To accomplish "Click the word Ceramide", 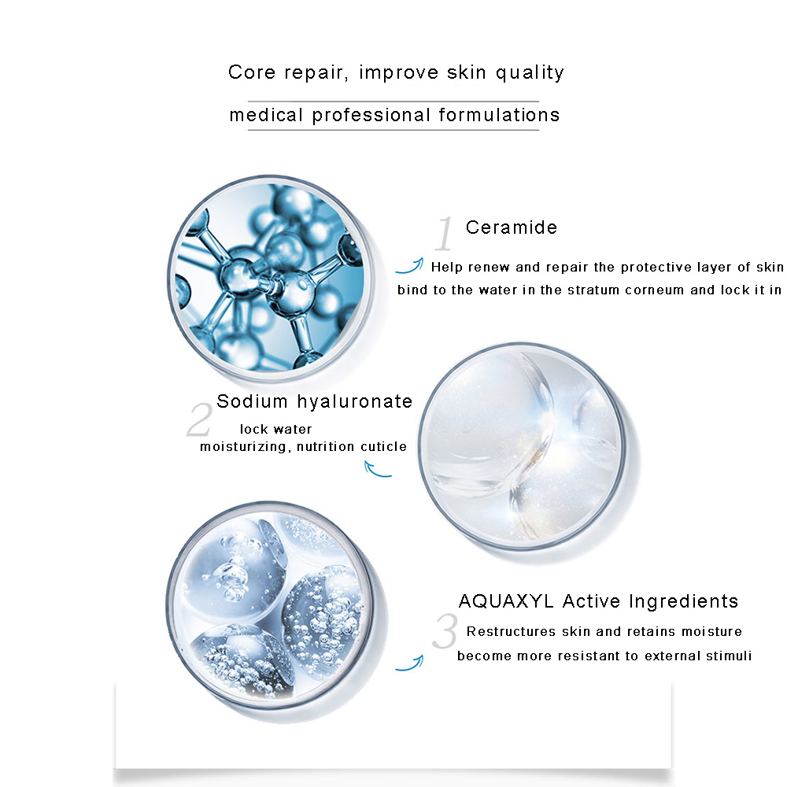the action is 512,227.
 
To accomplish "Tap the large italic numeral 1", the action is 444,234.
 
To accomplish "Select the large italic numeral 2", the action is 200,419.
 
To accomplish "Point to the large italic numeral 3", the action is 445,631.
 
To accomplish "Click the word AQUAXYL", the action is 506,600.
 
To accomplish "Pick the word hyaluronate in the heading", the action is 355,401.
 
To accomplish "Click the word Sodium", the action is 252,401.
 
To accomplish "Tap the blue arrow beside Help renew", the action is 409,266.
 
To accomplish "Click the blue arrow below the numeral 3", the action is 409,663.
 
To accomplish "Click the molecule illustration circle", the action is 271,278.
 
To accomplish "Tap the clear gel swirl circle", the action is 522,445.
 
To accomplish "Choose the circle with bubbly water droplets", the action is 270,604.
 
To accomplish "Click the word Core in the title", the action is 252,72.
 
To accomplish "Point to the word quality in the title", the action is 530,73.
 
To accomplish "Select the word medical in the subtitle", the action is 266,116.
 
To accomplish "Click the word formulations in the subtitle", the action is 500,115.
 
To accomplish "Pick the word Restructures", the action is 511,631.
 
